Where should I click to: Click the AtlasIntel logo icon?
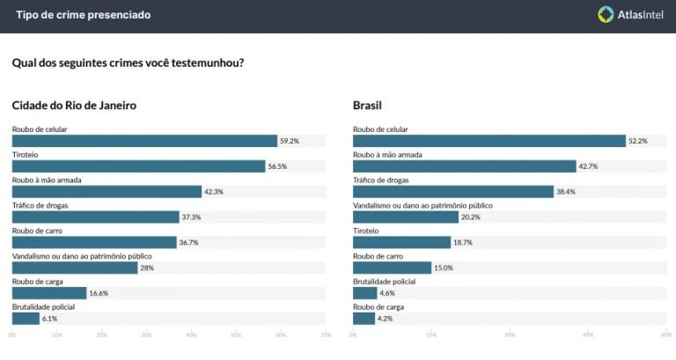pyautogui.click(x=606, y=14)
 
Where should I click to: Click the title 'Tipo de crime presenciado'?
pyautogui.click(x=83, y=15)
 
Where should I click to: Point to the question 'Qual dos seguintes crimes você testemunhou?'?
pyautogui.click(x=129, y=62)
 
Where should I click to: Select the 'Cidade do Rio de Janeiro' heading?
pyautogui.click(x=74, y=106)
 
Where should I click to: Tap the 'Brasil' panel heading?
pyautogui.click(x=367, y=106)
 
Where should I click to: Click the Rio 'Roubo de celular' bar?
pyautogui.click(x=144, y=141)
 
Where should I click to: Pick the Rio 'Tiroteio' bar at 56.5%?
pyautogui.click(x=138, y=166)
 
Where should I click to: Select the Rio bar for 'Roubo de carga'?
pyautogui.click(x=49, y=293)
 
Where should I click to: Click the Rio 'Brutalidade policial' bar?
pyautogui.click(x=26, y=319)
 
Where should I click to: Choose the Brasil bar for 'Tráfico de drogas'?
pyautogui.click(x=452, y=192)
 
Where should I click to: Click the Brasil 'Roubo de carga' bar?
pyautogui.click(x=364, y=319)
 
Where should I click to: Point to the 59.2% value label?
pyautogui.click(x=290, y=141)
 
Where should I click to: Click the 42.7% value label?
pyautogui.click(x=588, y=166)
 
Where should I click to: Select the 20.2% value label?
pyautogui.click(x=471, y=217)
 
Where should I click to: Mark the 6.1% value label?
pyautogui.click(x=50, y=319)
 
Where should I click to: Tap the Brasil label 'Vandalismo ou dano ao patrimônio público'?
pyautogui.click(x=422, y=205)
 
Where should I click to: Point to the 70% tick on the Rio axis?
pyautogui.click(x=325, y=334)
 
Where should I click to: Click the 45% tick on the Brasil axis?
pyautogui.click(x=587, y=334)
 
